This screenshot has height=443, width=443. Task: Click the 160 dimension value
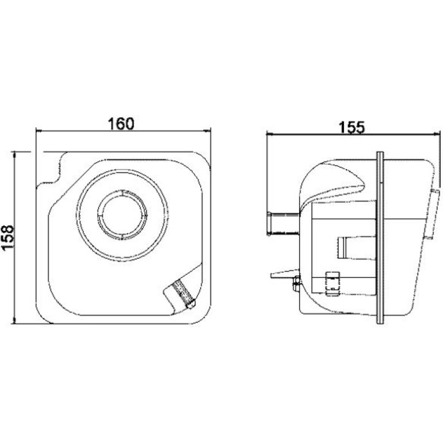(x=121, y=124)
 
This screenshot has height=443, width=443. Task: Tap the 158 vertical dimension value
(x=7, y=238)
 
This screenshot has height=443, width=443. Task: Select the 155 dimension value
(x=352, y=127)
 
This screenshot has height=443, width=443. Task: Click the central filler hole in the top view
(x=122, y=215)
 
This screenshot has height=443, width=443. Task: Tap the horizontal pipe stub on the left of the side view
(x=283, y=224)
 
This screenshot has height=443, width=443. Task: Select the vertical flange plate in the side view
(x=380, y=238)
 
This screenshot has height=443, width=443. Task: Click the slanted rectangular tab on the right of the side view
(x=432, y=214)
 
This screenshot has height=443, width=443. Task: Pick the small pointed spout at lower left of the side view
(x=285, y=273)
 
